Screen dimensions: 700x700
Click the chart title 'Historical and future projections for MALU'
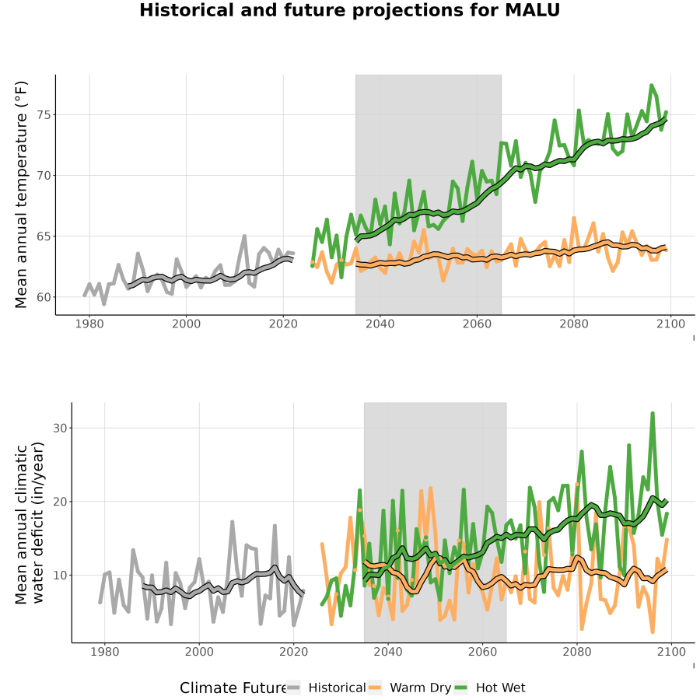point(349,10)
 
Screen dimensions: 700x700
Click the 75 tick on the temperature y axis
point(44,115)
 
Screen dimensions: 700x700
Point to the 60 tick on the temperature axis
point(44,297)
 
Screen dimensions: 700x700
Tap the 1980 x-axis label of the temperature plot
point(89,324)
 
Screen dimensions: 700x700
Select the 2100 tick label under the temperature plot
point(670,324)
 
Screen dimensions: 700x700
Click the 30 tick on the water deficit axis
point(60,428)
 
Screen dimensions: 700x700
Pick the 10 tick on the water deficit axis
point(60,575)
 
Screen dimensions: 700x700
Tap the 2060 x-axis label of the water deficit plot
point(482,652)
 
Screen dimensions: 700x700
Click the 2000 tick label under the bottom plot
point(199,652)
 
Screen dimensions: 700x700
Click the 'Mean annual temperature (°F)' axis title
point(21,194)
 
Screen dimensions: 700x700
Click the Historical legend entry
point(326,688)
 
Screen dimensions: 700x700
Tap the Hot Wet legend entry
point(490,688)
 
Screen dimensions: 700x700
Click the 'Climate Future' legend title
point(233,688)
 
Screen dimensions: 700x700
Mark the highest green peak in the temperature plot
point(651,85)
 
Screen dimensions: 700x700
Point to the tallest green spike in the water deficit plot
point(653,414)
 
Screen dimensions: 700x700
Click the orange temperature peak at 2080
point(574,218)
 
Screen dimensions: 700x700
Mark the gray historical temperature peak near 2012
point(244,236)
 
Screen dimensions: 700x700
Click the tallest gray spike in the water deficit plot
point(232,521)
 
